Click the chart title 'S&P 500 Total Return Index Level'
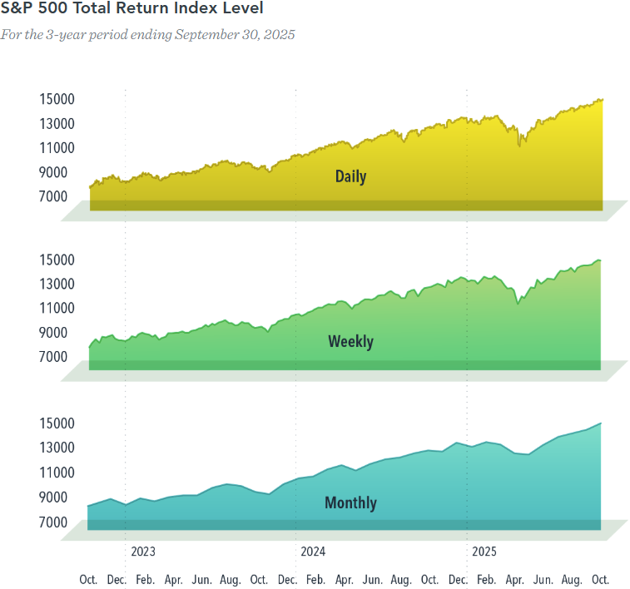pos(133,10)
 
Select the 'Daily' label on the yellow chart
pos(350,176)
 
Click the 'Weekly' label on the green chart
pos(350,342)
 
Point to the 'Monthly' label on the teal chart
pos(350,503)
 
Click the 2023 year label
pos(143,552)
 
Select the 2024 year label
pos(313,552)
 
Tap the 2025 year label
pos(484,552)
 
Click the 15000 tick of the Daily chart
pos(57,99)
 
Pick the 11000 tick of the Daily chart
pos(57,148)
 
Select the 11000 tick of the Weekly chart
pos(57,308)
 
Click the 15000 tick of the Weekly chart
pos(57,260)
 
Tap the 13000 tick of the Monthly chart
pos(57,448)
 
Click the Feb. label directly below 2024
pos(315,579)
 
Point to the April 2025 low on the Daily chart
pos(519,145)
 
